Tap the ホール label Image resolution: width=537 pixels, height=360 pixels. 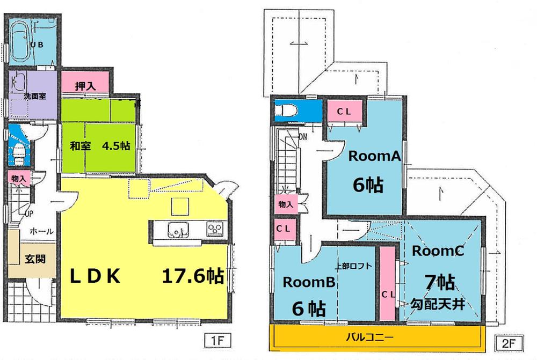pyautogui.click(x=41, y=231)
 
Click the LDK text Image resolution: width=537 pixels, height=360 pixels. pyautogui.click(x=95, y=276)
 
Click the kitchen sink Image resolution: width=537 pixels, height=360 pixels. pyautogui.click(x=176, y=230)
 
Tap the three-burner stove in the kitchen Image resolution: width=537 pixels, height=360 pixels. pyautogui.click(x=215, y=229)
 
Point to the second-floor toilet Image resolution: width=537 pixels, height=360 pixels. pyautogui.click(x=284, y=111)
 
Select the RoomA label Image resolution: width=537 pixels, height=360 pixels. pyautogui.click(x=368, y=157)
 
